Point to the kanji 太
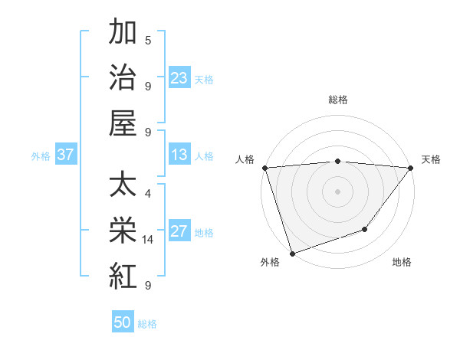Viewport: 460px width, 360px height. (123, 186)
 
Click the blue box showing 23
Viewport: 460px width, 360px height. (179, 78)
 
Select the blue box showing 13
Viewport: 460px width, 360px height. (179, 155)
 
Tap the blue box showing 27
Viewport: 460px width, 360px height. (179, 232)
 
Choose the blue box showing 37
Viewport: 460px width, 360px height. (66, 155)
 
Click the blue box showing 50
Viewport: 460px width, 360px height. (123, 322)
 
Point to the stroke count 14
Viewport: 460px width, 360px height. (149, 240)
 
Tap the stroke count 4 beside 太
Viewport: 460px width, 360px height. (148, 194)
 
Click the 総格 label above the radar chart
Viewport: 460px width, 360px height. (337, 100)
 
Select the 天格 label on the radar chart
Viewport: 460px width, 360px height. (431, 159)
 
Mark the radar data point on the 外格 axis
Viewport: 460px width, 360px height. (292, 253)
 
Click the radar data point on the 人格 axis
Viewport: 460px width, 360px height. (264, 167)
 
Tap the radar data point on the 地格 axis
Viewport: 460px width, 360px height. (365, 229)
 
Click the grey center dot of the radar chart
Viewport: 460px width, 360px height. (337, 191)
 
